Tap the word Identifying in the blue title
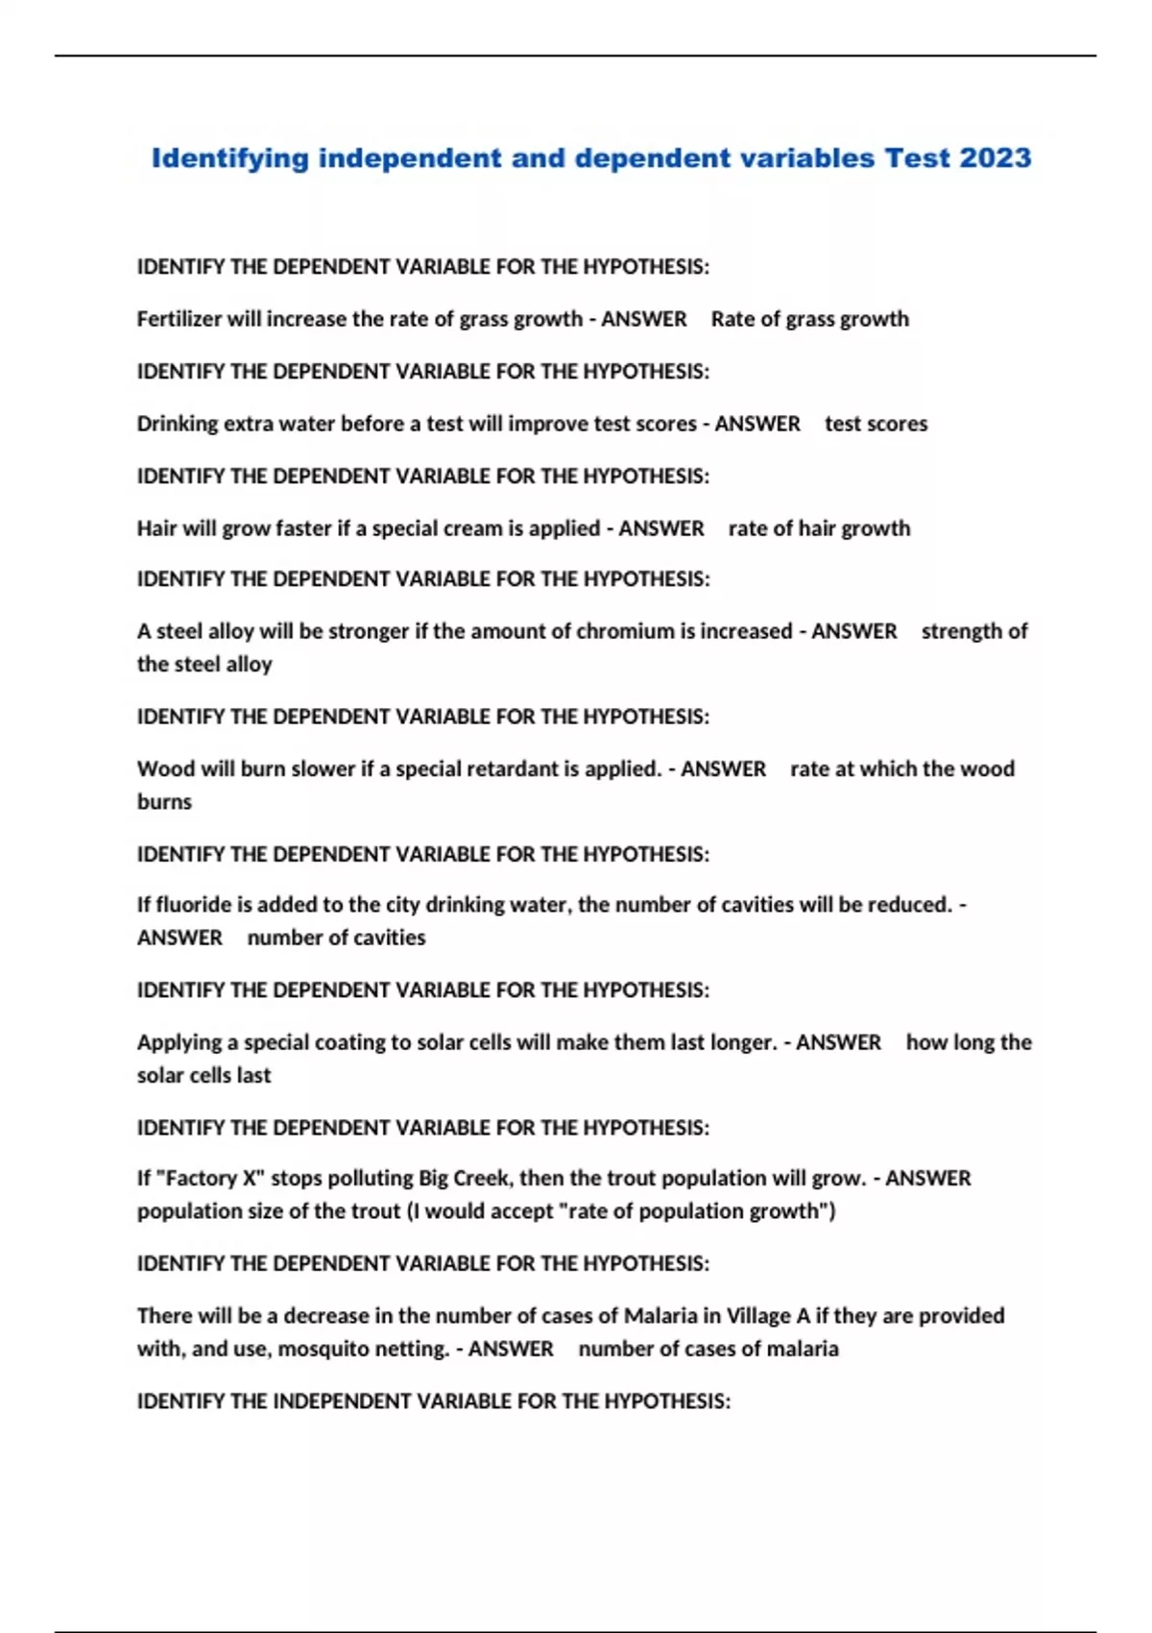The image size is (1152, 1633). point(230,158)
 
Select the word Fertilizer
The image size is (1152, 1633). point(180,319)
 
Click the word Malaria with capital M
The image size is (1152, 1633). point(660,1315)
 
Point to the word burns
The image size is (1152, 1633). point(164,802)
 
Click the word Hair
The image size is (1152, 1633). point(156,528)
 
